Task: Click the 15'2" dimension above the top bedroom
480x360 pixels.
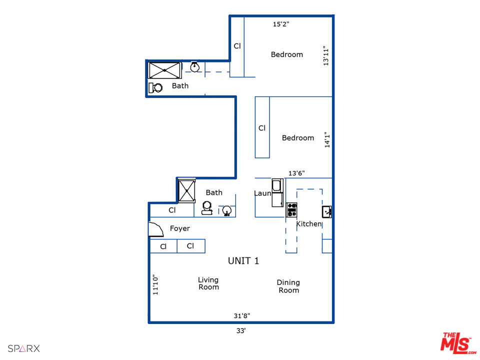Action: (x=280, y=24)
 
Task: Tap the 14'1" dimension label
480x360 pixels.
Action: (x=327, y=139)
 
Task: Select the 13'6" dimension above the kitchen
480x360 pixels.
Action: (x=296, y=173)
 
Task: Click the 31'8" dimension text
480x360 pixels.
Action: (x=241, y=315)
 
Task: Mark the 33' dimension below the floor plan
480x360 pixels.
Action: (x=241, y=330)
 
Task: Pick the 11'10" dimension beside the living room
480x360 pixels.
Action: (x=155, y=285)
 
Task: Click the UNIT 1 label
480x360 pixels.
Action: (x=243, y=261)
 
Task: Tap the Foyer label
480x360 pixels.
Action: (x=180, y=228)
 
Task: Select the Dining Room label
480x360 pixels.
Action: (x=288, y=286)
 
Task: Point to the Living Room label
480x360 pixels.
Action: (x=208, y=283)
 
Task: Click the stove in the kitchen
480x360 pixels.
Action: (x=291, y=209)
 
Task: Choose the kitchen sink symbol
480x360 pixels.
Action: (x=326, y=211)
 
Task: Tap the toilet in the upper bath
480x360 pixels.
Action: (x=156, y=87)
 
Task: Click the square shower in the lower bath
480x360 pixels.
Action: (x=187, y=190)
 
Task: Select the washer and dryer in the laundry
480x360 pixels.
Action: (x=277, y=192)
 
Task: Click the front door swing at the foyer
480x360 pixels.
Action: (x=156, y=229)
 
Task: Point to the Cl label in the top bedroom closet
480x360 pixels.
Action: (x=237, y=46)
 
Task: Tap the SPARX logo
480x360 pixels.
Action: (x=23, y=348)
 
